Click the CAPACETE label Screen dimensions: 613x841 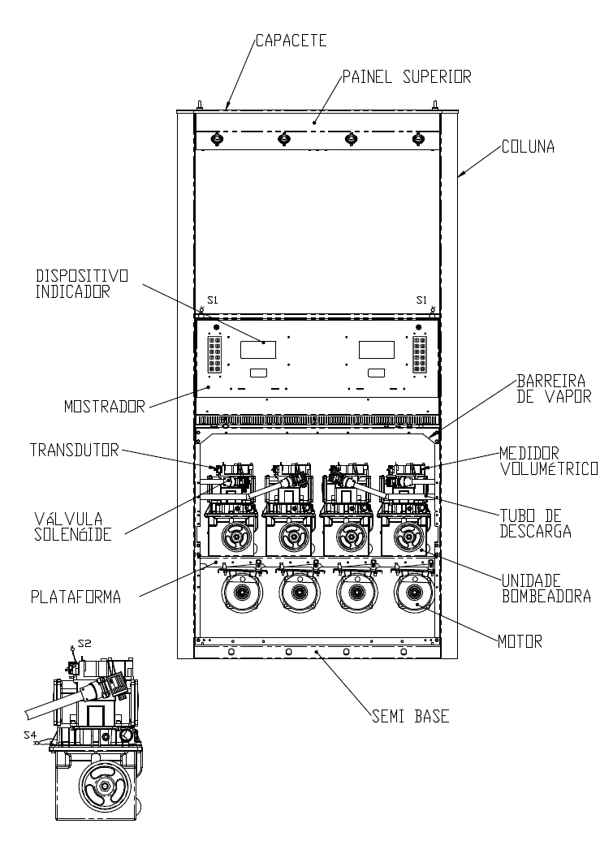pos(291,41)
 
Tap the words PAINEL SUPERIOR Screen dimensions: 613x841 pos(407,76)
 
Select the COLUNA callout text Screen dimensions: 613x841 pos(528,147)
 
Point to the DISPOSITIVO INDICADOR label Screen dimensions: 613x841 pos(82,284)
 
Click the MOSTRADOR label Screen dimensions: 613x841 pos(105,407)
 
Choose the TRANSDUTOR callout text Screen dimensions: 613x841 pos(74,450)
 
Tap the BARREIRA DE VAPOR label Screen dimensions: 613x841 pos(554,389)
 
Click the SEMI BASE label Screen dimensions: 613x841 pos(411,716)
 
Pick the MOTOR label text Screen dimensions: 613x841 pos(520,641)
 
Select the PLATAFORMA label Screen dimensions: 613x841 pos(76,597)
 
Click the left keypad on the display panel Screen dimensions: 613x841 pos(215,355)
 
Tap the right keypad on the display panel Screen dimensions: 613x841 pos(420,355)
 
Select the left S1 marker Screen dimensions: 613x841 pos(213,300)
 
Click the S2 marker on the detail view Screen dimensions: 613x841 pos(84,643)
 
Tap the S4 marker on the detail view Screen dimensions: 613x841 pos(30,735)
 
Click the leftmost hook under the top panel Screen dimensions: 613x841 pos(217,139)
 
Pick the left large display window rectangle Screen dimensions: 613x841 pos(258,350)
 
